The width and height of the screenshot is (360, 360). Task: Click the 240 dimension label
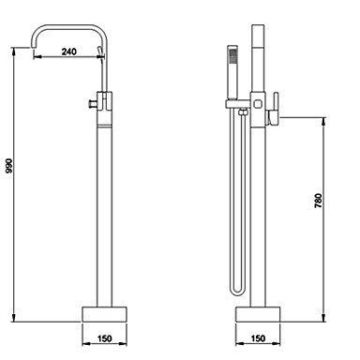[x=68, y=52]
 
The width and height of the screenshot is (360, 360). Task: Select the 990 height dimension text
[x=9, y=166]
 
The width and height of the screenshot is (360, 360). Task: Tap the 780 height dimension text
[x=318, y=201]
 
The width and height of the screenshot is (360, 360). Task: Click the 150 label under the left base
[x=104, y=338]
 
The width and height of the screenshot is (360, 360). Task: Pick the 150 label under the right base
[x=258, y=338]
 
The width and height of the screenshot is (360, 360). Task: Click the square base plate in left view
[x=104, y=314]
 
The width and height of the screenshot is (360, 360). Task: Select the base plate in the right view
[x=258, y=314]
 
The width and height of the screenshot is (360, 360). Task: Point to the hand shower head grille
[x=232, y=55]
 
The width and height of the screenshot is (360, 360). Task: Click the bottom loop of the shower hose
[x=237, y=292]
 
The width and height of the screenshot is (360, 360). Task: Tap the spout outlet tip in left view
[x=33, y=47]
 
